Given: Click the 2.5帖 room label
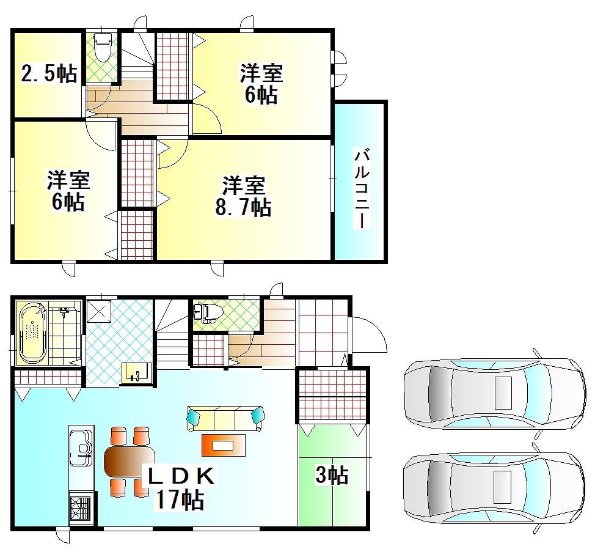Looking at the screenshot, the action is [49, 73].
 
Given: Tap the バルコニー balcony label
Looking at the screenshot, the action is [362, 188].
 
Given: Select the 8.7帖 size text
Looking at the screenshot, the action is [243, 207].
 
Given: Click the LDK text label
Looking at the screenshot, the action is [181, 476].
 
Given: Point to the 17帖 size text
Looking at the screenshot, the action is [179, 499].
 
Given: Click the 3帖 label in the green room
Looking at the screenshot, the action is [332, 475].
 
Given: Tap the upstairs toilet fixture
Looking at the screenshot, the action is [101, 47].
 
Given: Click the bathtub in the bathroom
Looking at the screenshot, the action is [33, 333].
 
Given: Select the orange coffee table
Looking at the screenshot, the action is [223, 445].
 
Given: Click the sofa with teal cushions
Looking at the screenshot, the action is [225, 418].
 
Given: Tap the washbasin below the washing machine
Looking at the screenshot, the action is [137, 373].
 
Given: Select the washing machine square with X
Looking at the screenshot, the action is [99, 312].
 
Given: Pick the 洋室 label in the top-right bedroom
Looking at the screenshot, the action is [261, 73].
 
